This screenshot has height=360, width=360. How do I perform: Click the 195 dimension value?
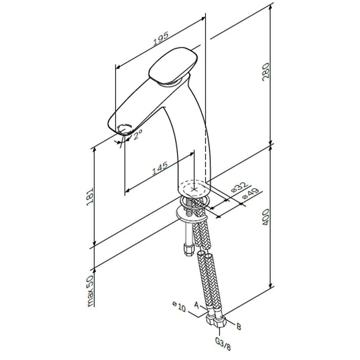161,38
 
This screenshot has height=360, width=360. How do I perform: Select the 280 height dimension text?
265,71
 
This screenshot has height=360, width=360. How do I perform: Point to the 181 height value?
90,197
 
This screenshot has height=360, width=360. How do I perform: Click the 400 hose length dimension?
265,217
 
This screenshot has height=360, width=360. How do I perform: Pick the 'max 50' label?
90,291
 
